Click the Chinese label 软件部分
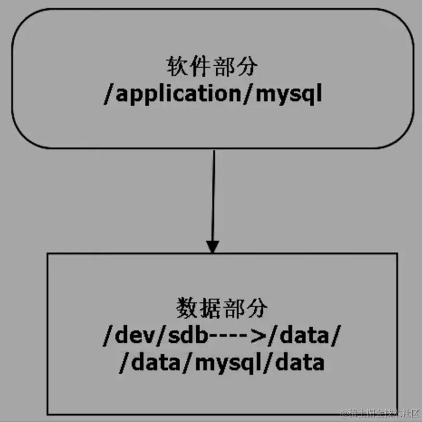click(212, 68)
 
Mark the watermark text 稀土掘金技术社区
click(383, 413)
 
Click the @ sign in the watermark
click(344, 413)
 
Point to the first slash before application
click(108, 95)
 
